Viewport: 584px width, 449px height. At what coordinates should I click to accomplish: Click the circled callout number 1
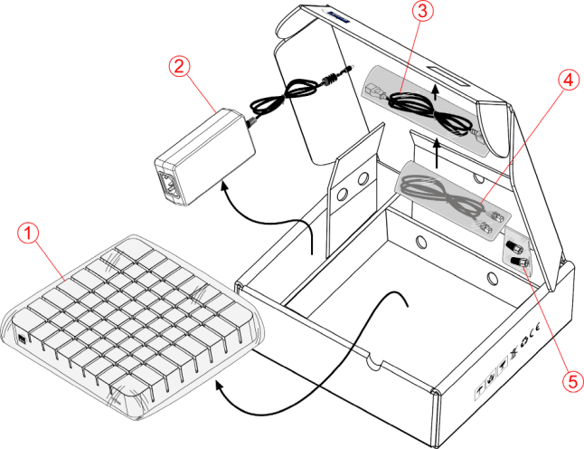[x=30, y=234]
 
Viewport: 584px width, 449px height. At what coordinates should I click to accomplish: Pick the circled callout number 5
[x=571, y=381]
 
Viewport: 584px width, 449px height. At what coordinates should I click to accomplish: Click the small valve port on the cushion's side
[x=22, y=339]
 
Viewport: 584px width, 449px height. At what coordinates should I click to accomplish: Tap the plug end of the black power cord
[x=373, y=90]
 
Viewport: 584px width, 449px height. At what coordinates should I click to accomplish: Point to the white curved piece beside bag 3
[x=495, y=129]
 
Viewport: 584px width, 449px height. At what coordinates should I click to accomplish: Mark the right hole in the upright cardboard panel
[x=363, y=181]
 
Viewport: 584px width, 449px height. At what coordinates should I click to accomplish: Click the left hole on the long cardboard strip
[x=420, y=242]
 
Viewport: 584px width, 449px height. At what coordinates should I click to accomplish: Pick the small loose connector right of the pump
[x=330, y=79]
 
